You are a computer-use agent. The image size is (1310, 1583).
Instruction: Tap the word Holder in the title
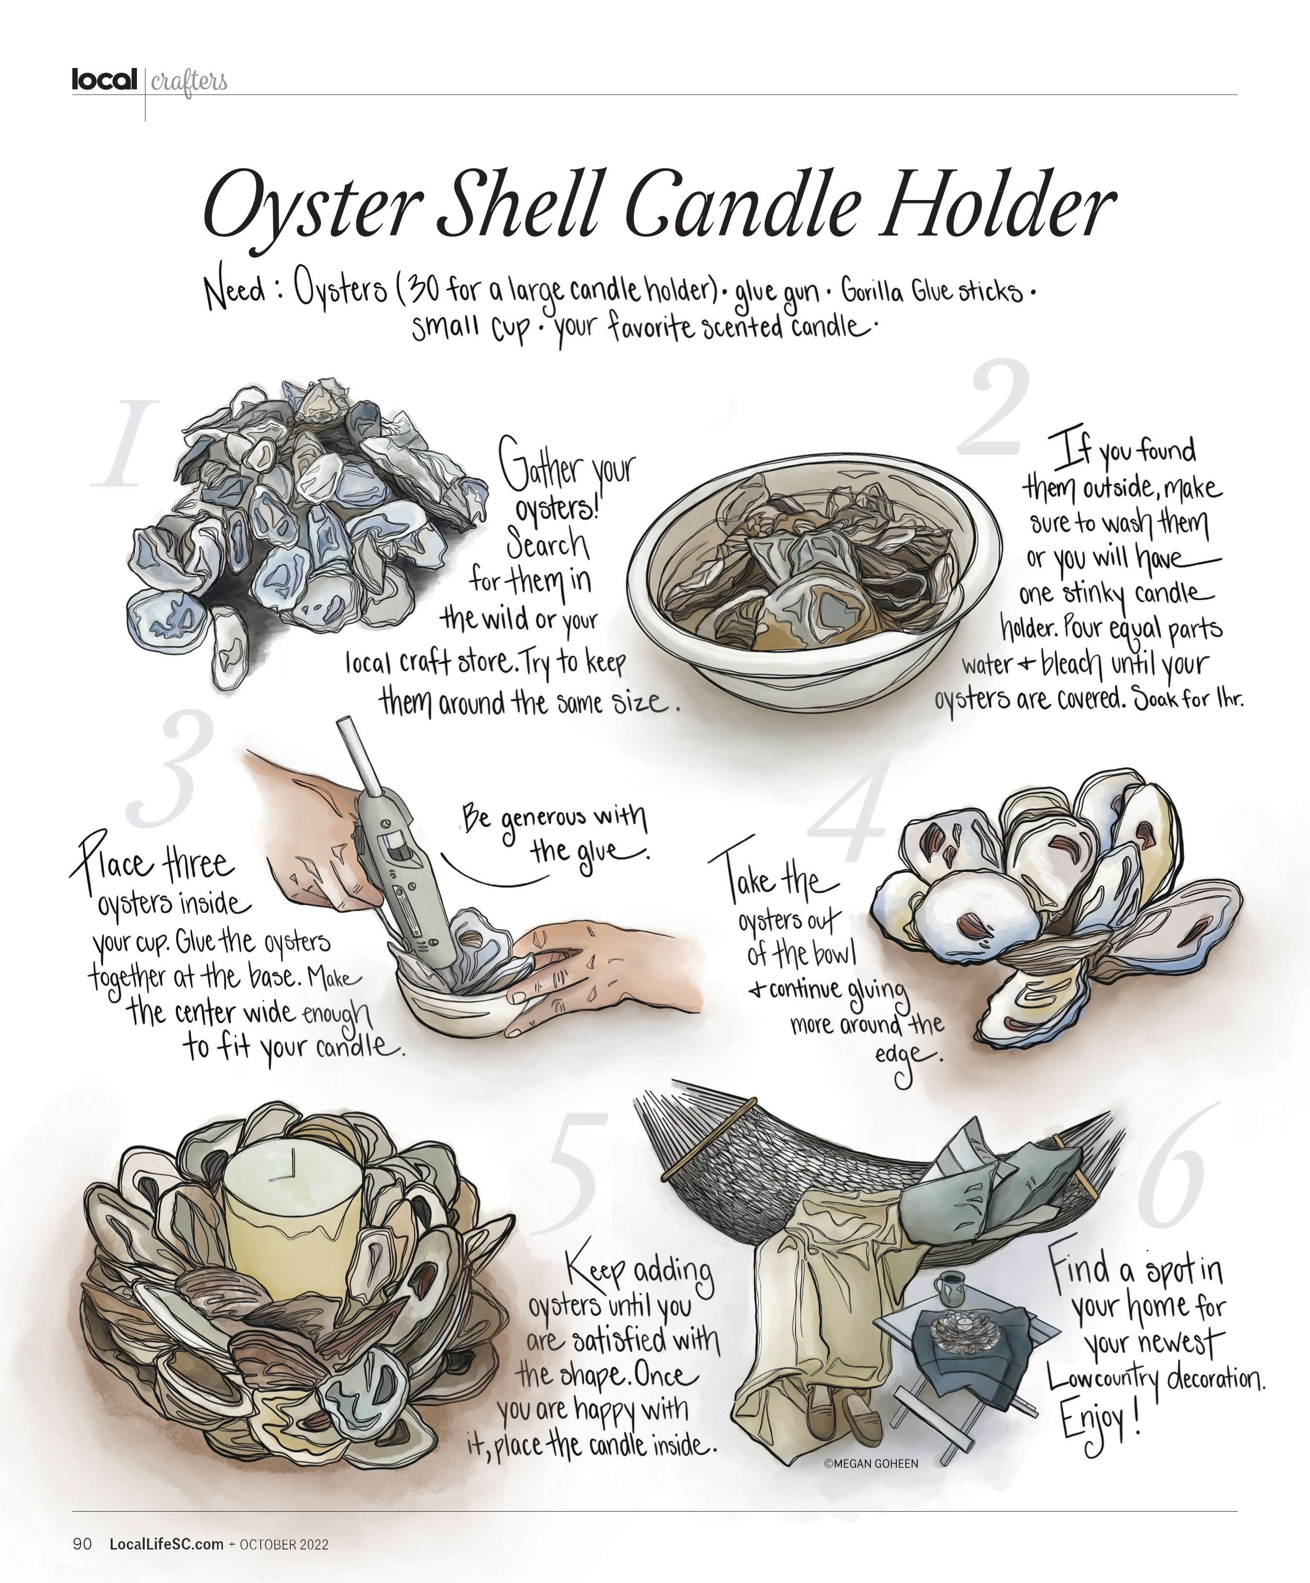pos(999,203)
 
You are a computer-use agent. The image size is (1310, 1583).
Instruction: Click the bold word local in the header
pos(105,79)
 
